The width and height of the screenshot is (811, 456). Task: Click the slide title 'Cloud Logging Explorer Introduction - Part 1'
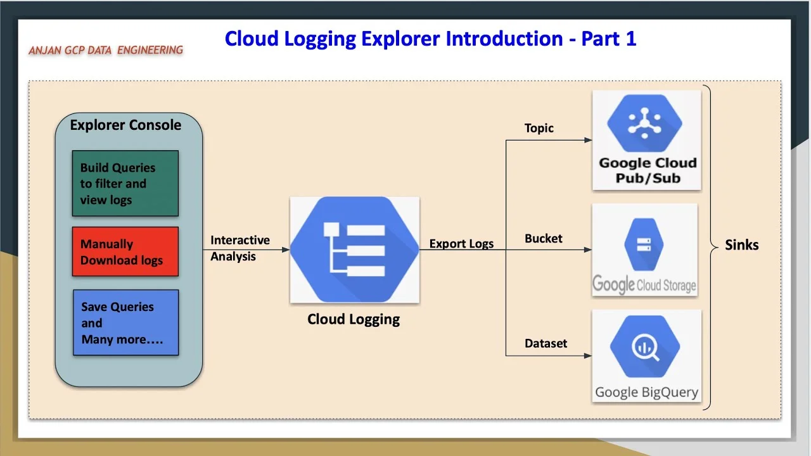[430, 39]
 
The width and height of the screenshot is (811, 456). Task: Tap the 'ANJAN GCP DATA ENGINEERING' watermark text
[106, 50]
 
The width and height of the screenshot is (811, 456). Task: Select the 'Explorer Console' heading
[125, 125]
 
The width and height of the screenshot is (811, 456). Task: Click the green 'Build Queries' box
[125, 184]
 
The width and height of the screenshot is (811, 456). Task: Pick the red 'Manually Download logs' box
[125, 252]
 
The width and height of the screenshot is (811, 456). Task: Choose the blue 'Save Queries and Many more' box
[125, 322]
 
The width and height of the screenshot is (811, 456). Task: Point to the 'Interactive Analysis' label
[239, 248]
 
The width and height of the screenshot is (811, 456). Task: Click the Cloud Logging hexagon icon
[354, 249]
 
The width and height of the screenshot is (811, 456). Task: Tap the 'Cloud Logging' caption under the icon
[354, 319]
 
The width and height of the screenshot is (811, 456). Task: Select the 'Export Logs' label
[461, 244]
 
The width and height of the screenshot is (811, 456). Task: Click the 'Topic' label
[539, 129]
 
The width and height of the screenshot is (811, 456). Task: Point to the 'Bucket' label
[544, 239]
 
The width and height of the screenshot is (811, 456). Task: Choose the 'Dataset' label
[546, 343]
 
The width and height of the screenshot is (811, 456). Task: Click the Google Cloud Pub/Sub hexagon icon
[645, 123]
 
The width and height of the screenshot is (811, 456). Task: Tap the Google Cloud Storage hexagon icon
[644, 244]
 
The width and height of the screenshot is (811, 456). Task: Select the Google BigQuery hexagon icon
[645, 347]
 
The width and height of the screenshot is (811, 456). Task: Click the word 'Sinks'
[742, 245]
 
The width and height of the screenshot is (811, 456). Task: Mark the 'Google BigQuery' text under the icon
[646, 392]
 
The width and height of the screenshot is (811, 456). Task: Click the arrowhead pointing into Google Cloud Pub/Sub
[588, 140]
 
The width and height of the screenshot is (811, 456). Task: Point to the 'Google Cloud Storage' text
[644, 285]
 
